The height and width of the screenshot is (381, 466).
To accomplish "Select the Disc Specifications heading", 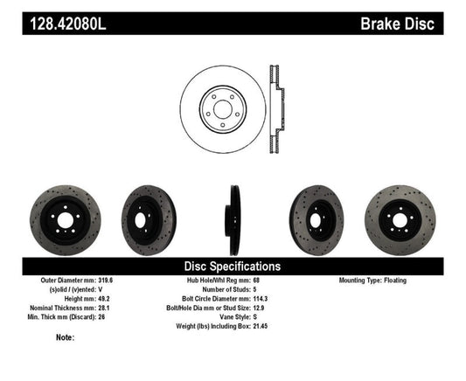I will pos(232,266).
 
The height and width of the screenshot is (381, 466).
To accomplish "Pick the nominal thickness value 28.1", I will pos(102,307).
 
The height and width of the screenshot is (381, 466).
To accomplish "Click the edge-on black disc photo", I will pos(233,218).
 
